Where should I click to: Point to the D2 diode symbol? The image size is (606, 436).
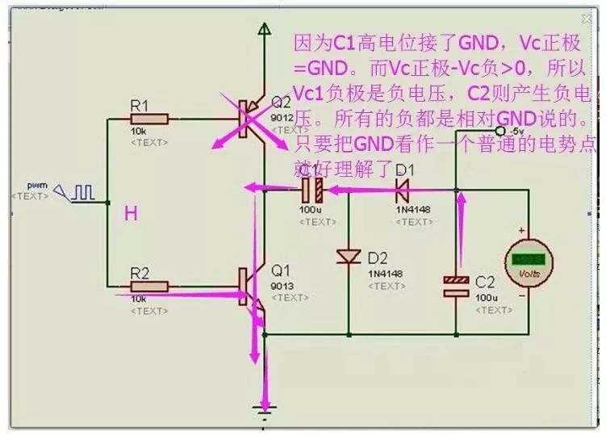pos(349,256)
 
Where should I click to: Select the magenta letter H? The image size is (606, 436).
pos(131,213)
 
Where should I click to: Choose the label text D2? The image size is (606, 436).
pos(378,258)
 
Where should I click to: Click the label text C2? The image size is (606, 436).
pos(484,283)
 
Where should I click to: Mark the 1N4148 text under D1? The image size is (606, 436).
pos(412,209)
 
